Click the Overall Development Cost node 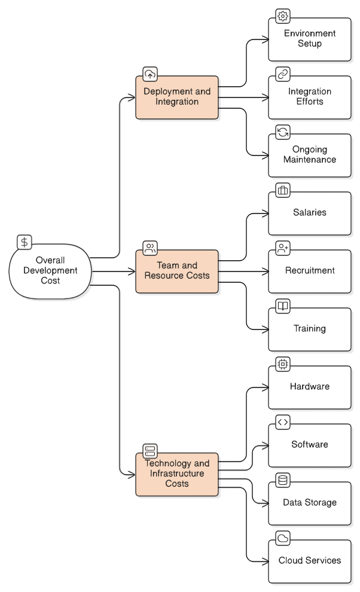point(50,271)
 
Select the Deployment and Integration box point(177,97)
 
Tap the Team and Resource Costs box point(177,271)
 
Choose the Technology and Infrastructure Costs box point(177,474)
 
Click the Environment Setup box point(310,39)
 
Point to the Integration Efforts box point(310,97)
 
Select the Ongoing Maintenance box point(310,155)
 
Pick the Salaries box point(310,213)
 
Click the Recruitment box point(310,271)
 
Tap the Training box point(310,329)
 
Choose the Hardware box point(310,387)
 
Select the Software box point(310,445)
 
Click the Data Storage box point(310,503)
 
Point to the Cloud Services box point(310,561)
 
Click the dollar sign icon point(25,242)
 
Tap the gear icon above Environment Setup point(283,16)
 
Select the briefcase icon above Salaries point(283,190)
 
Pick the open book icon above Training point(283,306)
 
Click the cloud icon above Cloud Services point(283,538)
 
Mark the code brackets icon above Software point(283,422)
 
